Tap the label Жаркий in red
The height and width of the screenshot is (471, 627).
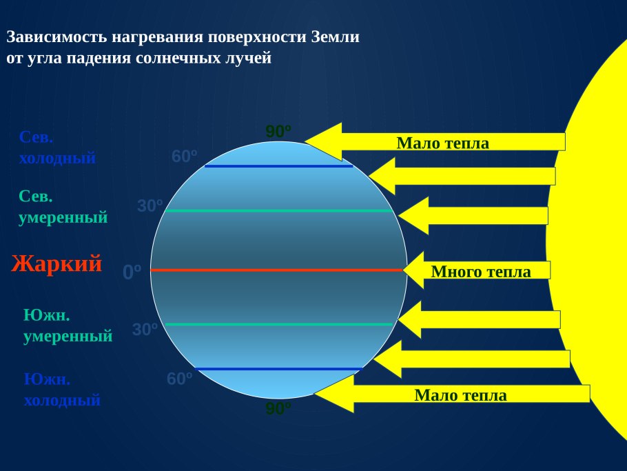pos(56,264)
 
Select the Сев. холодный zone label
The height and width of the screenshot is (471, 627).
pos(57,147)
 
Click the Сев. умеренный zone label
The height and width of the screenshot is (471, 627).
pos(63,207)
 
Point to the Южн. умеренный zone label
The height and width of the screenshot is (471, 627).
pos(68,325)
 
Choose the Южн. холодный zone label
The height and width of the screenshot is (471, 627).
pos(62,390)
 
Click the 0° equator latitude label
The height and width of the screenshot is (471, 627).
pos(132,272)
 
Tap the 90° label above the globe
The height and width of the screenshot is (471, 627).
pos(278,131)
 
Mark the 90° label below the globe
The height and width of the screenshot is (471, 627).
pos(278,409)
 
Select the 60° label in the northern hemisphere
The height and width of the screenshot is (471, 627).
pos(185,157)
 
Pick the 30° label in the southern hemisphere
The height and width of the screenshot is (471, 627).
pos(145,330)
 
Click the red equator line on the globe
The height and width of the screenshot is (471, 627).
pos(276,270)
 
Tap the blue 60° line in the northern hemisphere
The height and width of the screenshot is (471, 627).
pos(278,166)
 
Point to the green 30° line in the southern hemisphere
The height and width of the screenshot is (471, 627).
pos(278,324)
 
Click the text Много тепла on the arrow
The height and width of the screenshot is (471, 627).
pos(481,272)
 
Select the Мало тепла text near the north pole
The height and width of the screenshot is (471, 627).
pos(442,143)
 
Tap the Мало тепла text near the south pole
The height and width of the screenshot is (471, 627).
pos(460,395)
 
